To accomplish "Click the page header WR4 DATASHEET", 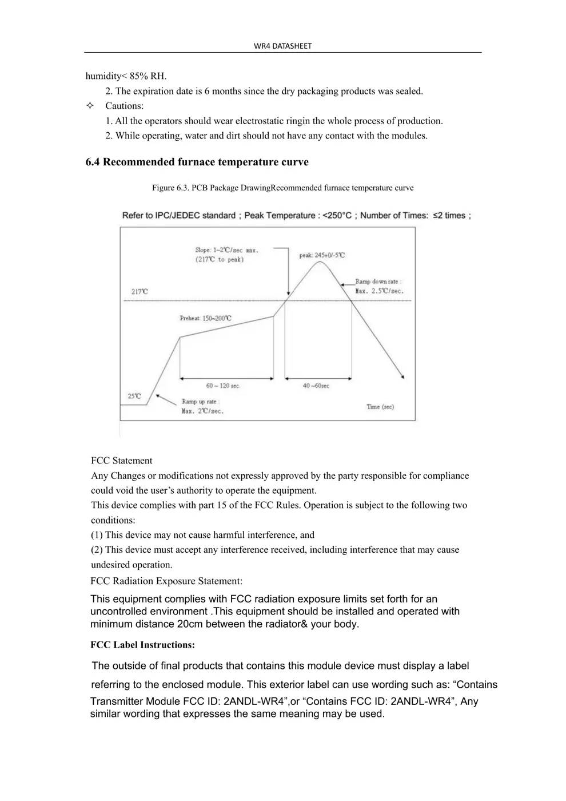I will coord(282,46).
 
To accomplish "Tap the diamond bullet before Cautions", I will coord(90,106).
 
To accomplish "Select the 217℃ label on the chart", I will coord(139,292).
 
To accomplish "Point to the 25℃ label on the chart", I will coord(134,396).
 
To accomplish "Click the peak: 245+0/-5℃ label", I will coord(322,255).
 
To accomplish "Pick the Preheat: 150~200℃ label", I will coord(205,318).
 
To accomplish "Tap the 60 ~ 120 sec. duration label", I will coord(223,386).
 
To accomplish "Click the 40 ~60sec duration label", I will coord(316,386).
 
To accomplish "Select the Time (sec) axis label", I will coord(380,407).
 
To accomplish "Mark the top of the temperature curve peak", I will coord(319,262).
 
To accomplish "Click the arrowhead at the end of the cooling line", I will coord(403,377).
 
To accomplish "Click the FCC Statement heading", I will coord(121,461).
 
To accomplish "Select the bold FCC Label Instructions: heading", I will coord(142,645).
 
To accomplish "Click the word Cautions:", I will coord(124,106).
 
